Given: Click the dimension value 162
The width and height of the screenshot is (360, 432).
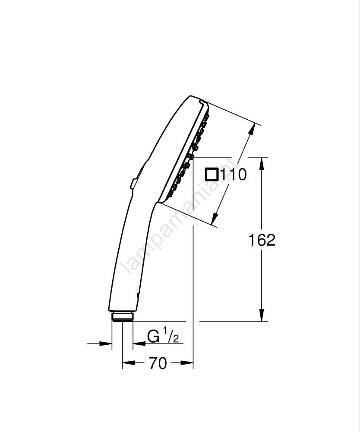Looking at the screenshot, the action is tap(262, 240).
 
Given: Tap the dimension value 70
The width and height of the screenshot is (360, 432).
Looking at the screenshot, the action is tap(158, 363).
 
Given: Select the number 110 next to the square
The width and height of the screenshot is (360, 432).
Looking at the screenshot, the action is tap(234, 175).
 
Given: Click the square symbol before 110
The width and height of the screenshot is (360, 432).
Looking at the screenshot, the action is tap(212, 175).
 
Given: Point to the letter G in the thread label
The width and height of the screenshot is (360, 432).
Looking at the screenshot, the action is tap(154, 336).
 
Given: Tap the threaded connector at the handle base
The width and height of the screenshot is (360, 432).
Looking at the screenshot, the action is tap(123, 317).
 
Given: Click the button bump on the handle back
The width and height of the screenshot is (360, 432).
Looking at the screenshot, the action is tap(133, 184).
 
